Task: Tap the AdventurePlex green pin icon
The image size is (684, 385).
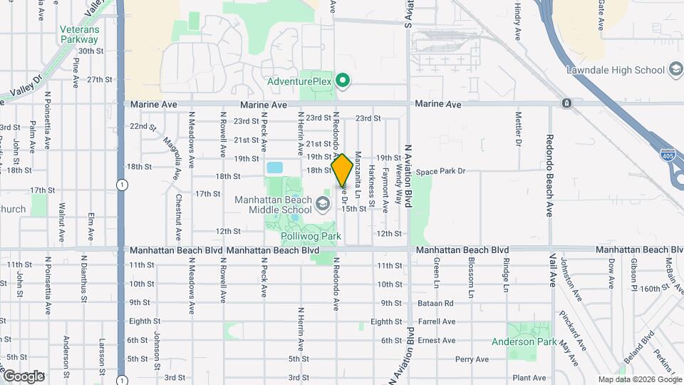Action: (343, 81)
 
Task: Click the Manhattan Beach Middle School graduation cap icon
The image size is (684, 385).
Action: (323, 205)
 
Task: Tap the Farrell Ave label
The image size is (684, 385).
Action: (437, 322)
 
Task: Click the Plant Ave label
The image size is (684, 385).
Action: (528, 378)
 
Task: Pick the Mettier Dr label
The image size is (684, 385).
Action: (519, 128)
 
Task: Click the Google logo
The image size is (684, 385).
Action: (24, 376)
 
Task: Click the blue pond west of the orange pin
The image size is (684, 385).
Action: (274, 168)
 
